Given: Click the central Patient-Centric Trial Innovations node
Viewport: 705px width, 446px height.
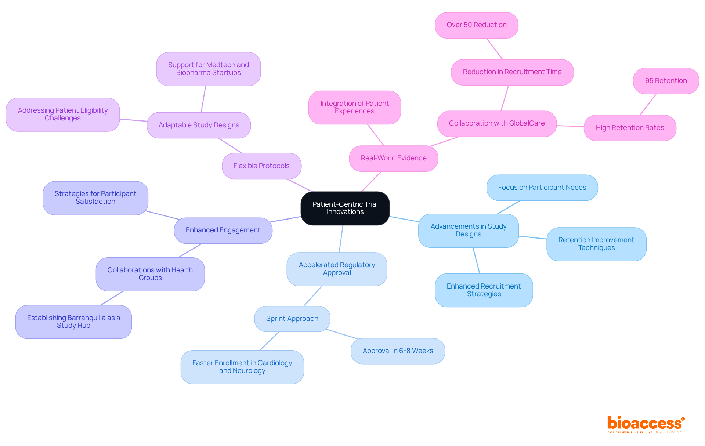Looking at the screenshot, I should tap(345, 208).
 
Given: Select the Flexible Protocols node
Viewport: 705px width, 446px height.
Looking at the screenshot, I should tap(261, 166).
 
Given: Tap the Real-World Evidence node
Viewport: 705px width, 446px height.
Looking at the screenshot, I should tap(393, 158).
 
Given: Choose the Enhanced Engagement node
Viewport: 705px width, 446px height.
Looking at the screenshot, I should tap(223, 230).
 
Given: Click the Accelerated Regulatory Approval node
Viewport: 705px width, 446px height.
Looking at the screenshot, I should tap(337, 269).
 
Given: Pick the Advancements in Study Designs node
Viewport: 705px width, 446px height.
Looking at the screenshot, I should tap(468, 230).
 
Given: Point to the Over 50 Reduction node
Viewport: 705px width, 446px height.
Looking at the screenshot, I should tap(476, 25).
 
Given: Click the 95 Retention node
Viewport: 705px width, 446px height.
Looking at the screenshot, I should tap(666, 81).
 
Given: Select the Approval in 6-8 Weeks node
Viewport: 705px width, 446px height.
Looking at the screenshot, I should tap(398, 351).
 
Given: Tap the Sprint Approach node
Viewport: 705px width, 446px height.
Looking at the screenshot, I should tap(292, 319).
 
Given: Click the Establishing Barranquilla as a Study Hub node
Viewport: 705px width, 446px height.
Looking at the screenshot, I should tap(73, 322).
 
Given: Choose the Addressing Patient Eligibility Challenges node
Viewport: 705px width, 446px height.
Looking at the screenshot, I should tap(63, 114).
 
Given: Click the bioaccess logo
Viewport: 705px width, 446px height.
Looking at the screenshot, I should tap(646, 424).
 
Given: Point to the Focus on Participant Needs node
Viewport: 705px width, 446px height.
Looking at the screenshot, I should tap(542, 188).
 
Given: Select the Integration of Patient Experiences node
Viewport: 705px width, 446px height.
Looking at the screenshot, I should tap(354, 107).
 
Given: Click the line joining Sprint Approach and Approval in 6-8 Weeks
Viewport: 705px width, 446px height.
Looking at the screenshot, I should tap(342, 334).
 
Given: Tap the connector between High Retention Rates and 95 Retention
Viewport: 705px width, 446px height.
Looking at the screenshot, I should tap(648, 105).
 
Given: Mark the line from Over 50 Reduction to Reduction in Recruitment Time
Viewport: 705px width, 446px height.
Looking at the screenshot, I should tap(495, 49).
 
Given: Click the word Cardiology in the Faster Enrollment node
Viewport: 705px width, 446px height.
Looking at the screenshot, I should tap(275, 363).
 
